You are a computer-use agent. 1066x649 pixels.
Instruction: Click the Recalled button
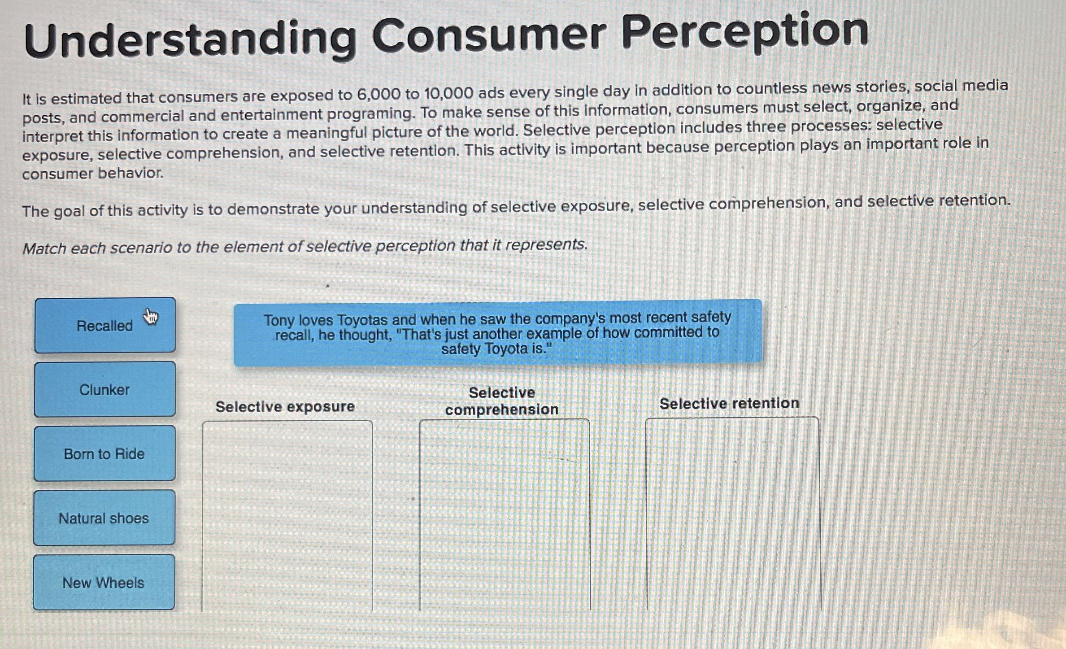pyautogui.click(x=104, y=325)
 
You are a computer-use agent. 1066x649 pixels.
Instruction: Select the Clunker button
pyautogui.click(x=104, y=389)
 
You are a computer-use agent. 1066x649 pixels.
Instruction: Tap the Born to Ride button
pyautogui.click(x=104, y=453)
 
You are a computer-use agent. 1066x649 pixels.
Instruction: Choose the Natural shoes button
pyautogui.click(x=104, y=518)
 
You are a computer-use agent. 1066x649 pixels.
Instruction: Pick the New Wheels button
pyautogui.click(x=103, y=582)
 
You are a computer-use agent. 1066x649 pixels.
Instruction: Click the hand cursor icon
pyautogui.click(x=151, y=316)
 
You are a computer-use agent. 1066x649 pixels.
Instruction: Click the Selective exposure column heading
pyautogui.click(x=285, y=406)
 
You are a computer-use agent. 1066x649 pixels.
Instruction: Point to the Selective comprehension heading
pyautogui.click(x=502, y=401)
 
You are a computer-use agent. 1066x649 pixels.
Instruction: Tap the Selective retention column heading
pyautogui.click(x=729, y=403)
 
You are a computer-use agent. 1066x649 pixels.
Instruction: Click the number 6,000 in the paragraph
pyautogui.click(x=378, y=94)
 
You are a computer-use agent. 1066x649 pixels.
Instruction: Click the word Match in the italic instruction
pyautogui.click(x=44, y=248)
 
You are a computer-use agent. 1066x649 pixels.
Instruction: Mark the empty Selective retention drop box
pyautogui.click(x=733, y=514)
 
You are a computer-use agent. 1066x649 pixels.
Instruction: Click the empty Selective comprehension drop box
pyautogui.click(x=505, y=514)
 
